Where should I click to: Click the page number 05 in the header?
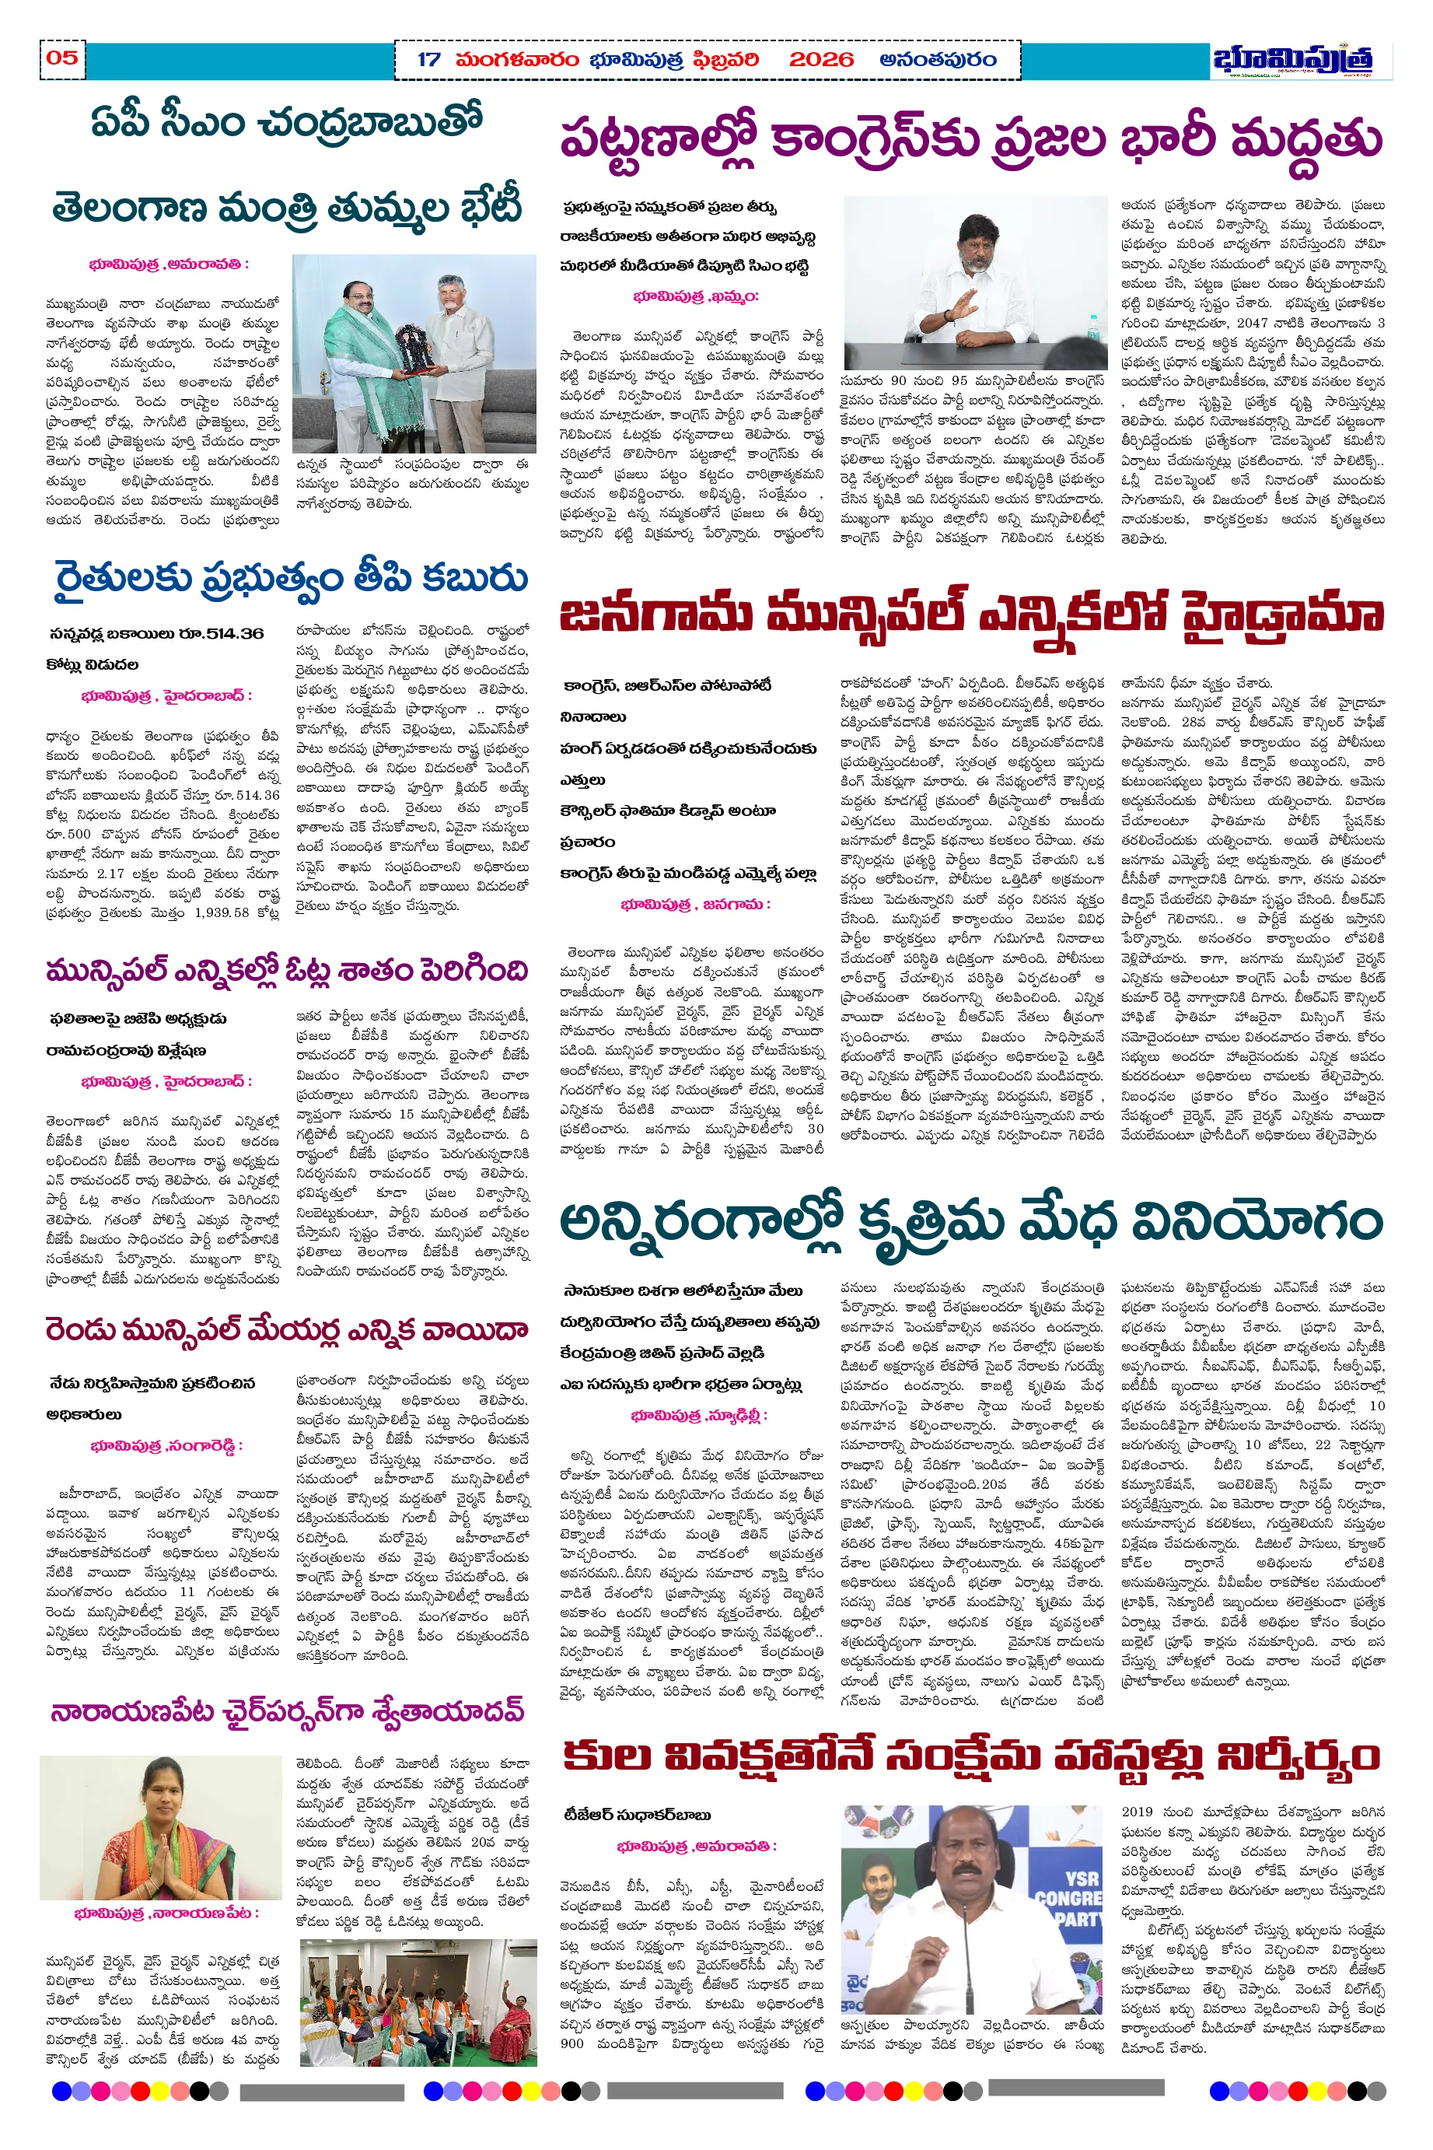pos(62,58)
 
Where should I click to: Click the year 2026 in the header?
pos(820,61)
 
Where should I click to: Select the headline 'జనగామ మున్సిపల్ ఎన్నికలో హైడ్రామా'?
pos(970,615)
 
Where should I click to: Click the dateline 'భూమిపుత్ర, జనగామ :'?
pos(694,904)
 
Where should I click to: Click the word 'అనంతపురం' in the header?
pos(937,61)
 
